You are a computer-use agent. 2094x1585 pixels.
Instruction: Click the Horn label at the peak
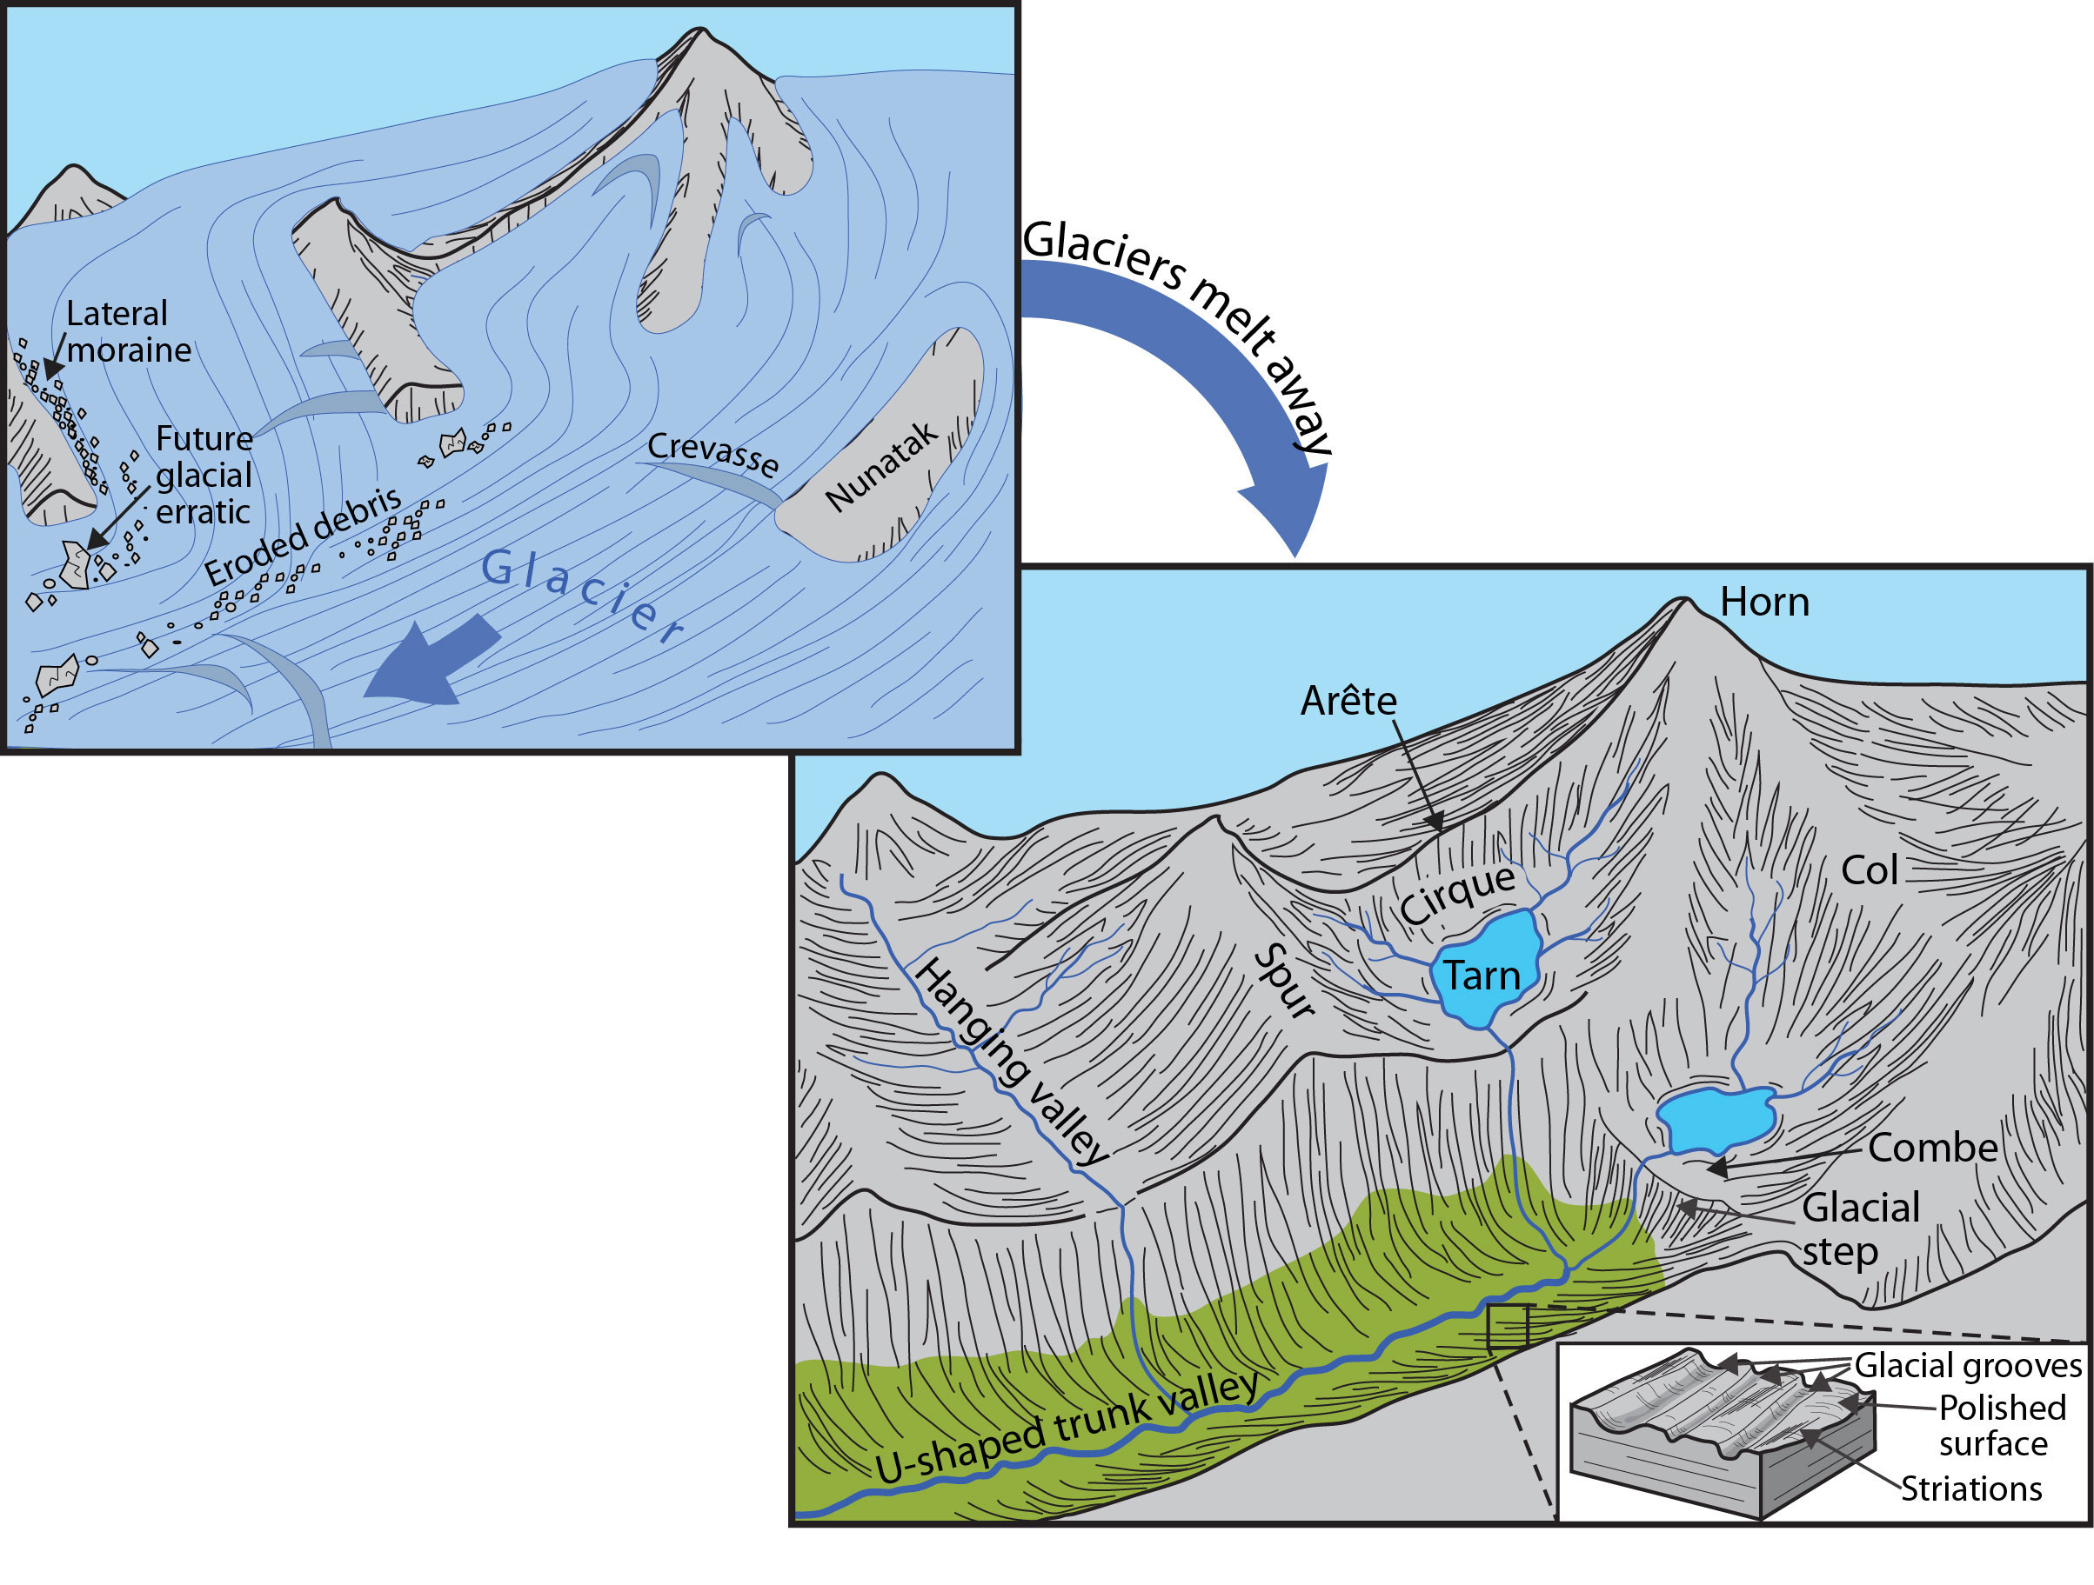point(1763,603)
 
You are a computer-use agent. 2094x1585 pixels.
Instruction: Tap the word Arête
point(1348,701)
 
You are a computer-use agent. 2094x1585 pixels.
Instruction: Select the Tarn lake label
point(1482,976)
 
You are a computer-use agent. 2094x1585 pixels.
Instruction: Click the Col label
point(1869,870)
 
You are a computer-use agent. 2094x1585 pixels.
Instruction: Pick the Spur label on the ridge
point(1284,984)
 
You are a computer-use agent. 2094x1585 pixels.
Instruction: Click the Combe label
point(1932,1148)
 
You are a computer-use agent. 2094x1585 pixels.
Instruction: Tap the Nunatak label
point(880,465)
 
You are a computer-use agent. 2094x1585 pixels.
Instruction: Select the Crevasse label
point(712,454)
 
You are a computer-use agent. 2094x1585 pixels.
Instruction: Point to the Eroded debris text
point(303,536)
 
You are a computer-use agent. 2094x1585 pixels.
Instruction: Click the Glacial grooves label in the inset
point(1967,1366)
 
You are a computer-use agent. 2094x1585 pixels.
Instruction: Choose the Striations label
point(1971,1489)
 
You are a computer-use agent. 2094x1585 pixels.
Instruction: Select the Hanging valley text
point(1010,1061)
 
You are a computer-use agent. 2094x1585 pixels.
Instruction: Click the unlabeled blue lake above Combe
point(1715,1121)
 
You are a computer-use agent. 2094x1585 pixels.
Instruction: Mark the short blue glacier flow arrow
point(431,663)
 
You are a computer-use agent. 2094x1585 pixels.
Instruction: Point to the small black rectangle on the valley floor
point(1507,1327)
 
